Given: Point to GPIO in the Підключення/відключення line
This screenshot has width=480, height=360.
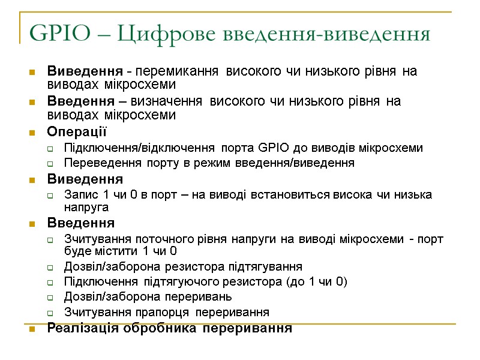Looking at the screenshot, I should pyautogui.click(x=273, y=148).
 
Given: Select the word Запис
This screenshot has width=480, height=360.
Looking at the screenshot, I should pyautogui.click(x=78, y=194).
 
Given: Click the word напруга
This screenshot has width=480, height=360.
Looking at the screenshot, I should pyautogui.click(x=86, y=207).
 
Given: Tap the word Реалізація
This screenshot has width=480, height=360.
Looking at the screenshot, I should pyautogui.click(x=83, y=328).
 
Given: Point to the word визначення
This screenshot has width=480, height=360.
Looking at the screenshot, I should pyautogui.click(x=174, y=101).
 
